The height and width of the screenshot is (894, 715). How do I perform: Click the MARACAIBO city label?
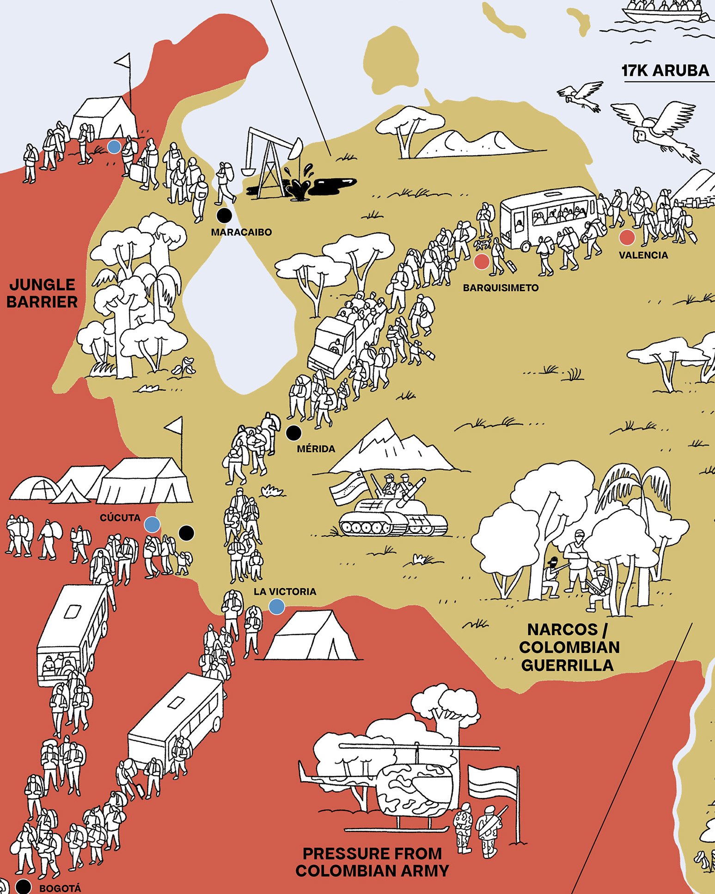pos(241,232)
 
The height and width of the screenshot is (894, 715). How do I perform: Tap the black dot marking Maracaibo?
pos(224,215)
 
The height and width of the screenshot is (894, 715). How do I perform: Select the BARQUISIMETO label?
pos(501,288)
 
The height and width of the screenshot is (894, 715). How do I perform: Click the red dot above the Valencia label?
pos(627,237)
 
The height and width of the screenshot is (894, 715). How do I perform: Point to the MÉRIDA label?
pos(316,448)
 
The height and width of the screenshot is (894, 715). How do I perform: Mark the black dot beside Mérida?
pos(293,433)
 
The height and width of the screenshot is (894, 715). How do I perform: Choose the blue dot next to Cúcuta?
pos(152,525)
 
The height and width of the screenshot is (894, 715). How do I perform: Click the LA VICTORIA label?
pos(285,591)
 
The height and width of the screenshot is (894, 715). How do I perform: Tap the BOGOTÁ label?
pos(60,888)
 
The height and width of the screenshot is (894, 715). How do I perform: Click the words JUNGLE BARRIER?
pos(42,293)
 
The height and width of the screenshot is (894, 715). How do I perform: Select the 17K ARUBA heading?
pos(665,71)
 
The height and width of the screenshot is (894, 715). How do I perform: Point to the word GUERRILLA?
pos(568,665)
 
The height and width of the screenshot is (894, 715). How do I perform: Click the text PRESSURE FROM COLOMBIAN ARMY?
pos(372,862)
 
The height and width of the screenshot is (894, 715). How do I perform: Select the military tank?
pos(393,513)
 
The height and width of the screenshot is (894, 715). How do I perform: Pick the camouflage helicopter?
pos(407,786)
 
